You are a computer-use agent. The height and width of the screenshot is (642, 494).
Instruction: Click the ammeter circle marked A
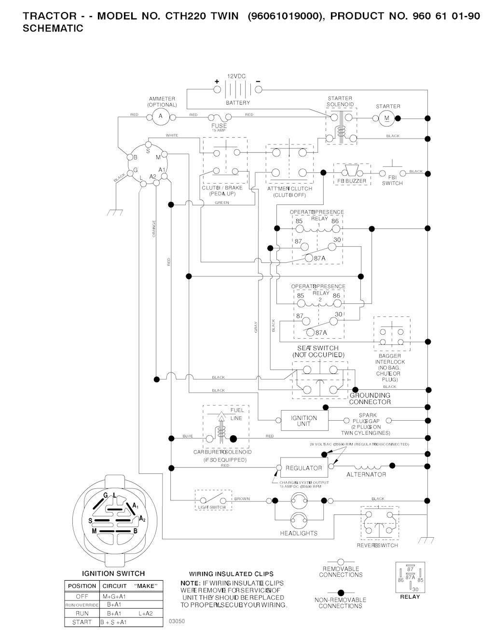click(x=161, y=116)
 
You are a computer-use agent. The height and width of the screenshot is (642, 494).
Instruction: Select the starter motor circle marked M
click(x=386, y=118)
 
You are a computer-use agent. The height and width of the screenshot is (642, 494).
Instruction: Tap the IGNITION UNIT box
click(x=304, y=421)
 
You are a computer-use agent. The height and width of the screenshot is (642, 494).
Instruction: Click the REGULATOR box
click(x=304, y=468)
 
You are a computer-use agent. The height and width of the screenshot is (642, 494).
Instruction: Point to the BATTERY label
click(x=238, y=103)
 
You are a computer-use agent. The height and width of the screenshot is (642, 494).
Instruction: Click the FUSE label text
click(x=219, y=126)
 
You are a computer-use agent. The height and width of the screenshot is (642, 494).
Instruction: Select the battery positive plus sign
click(x=217, y=81)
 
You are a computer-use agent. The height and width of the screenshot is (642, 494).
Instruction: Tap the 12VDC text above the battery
click(x=236, y=76)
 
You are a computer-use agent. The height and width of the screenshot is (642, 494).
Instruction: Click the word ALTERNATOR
click(x=366, y=475)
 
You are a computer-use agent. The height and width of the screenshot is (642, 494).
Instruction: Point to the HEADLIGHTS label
click(x=299, y=533)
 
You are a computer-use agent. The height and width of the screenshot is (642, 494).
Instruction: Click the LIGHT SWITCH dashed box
click(x=212, y=499)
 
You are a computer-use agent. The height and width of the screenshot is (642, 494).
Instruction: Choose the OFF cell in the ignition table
click(x=82, y=597)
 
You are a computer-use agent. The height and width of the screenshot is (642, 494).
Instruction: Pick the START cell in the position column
click(x=82, y=622)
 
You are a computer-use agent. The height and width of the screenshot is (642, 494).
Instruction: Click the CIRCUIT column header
click(x=114, y=586)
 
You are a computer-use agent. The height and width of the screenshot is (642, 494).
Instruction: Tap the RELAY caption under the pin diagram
click(x=410, y=597)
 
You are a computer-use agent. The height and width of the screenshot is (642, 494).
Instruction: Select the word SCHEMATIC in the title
click(x=53, y=29)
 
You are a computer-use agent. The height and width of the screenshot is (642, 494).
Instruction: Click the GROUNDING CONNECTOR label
click(x=370, y=399)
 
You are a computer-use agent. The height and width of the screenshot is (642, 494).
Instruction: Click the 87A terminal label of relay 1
click(x=320, y=258)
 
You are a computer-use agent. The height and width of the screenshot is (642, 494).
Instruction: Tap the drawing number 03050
click(x=177, y=621)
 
